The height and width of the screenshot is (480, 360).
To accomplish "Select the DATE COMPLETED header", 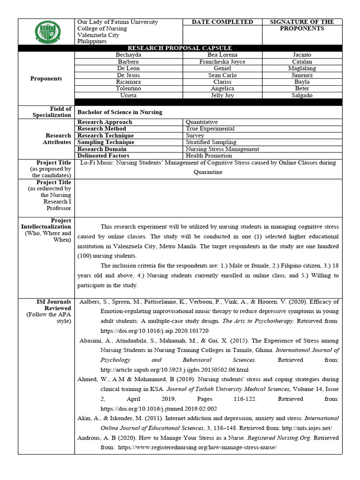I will click(x=222, y=22).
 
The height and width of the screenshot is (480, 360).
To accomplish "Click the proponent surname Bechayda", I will click(x=128, y=55).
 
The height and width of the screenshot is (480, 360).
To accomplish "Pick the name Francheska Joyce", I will click(x=222, y=62).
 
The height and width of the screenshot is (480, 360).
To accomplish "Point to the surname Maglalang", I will click(x=302, y=68).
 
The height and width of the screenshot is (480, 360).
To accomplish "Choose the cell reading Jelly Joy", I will click(x=222, y=95).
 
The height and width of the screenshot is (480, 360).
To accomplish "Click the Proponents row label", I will click(x=46, y=78).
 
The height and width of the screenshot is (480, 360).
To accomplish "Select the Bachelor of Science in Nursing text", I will click(x=120, y=112).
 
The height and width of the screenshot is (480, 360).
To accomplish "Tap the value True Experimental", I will click(x=210, y=128).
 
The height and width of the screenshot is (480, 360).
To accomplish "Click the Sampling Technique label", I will click(x=106, y=142).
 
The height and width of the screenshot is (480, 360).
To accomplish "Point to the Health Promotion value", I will click(x=209, y=156).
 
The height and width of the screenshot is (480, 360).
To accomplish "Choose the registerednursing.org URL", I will click(x=195, y=448).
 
